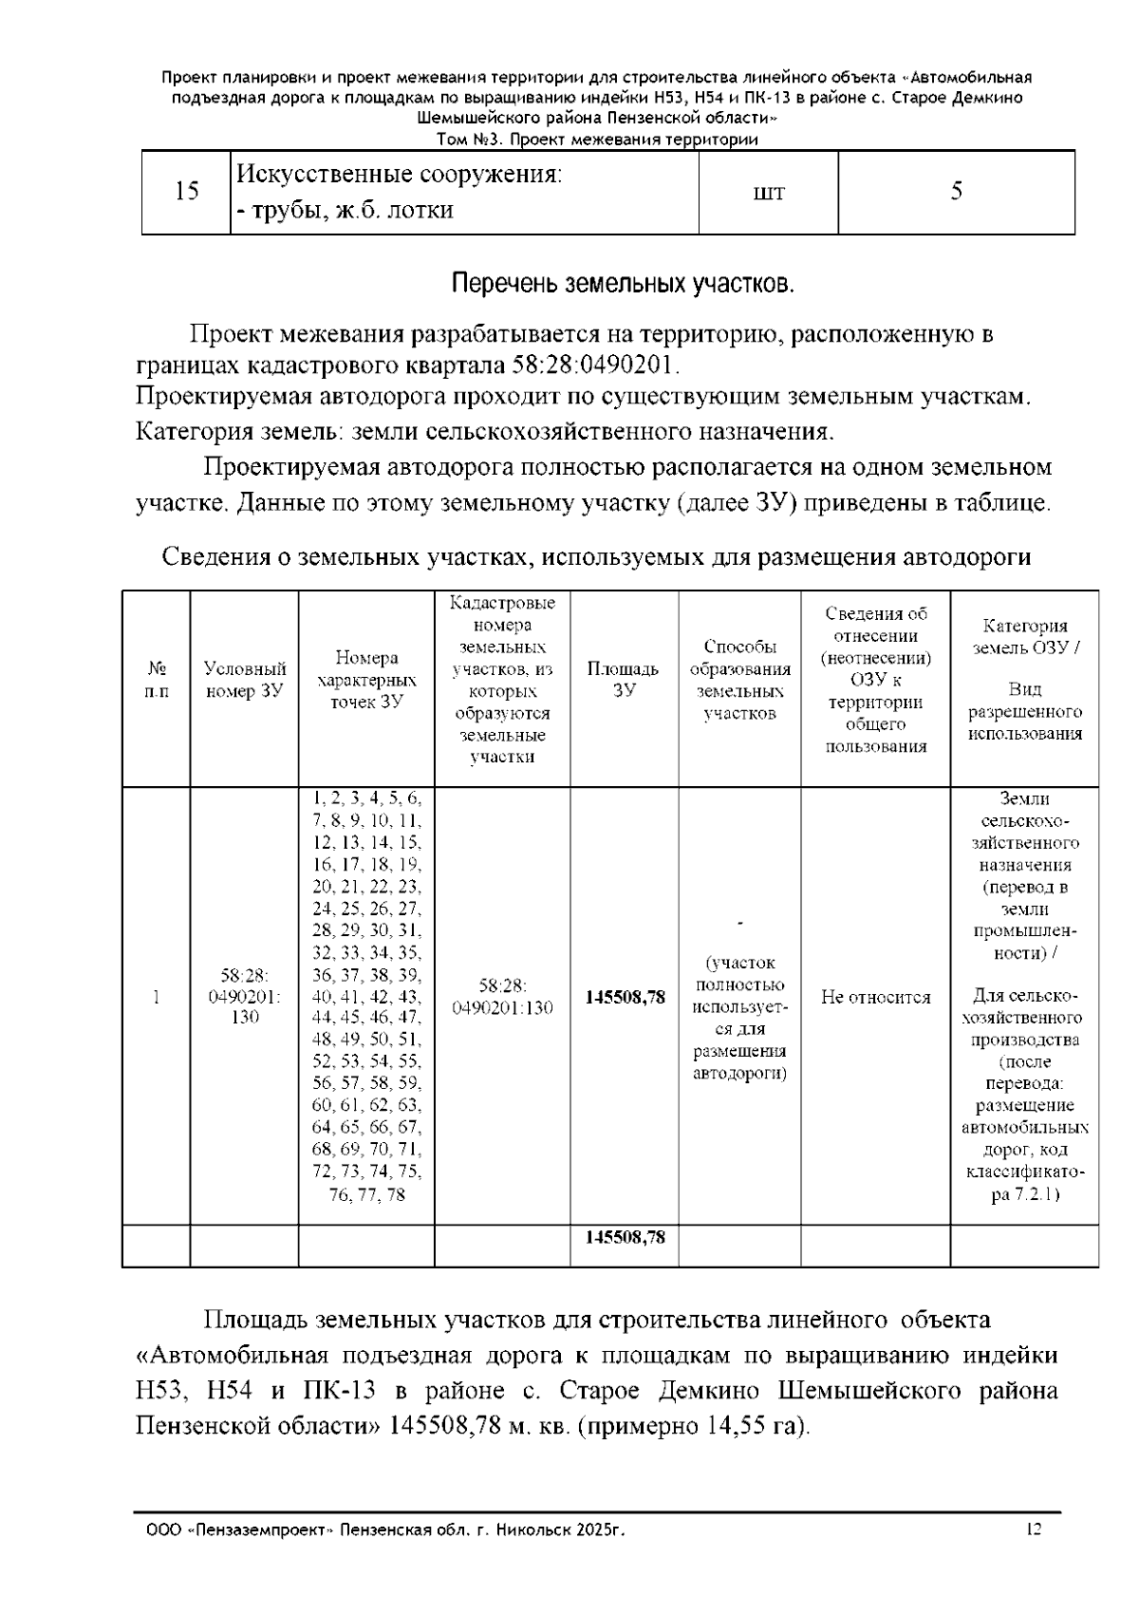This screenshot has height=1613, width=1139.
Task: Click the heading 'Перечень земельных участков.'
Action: click(622, 285)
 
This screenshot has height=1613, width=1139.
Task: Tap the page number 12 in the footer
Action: click(1035, 1529)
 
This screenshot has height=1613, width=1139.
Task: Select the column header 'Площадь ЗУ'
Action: click(623, 680)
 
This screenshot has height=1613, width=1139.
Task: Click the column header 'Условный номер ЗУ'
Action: click(244, 680)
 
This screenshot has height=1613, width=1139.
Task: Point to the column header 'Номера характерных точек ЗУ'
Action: click(366, 680)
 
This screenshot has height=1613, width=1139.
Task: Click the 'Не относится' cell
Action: click(875, 998)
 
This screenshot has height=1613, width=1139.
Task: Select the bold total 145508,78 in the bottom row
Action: click(624, 1238)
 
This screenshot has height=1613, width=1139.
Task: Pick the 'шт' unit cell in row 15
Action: click(768, 193)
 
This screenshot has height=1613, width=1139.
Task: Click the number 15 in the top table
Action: click(187, 192)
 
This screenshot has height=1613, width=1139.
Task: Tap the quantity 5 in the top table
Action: click(956, 192)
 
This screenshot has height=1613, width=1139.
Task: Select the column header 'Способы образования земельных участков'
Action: click(739, 680)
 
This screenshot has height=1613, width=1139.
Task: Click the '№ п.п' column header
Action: click(157, 680)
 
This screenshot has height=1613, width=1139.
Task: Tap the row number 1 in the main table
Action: click(157, 998)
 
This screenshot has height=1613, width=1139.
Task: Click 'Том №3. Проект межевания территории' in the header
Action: click(596, 140)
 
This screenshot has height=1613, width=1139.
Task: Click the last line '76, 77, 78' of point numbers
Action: click(366, 1195)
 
